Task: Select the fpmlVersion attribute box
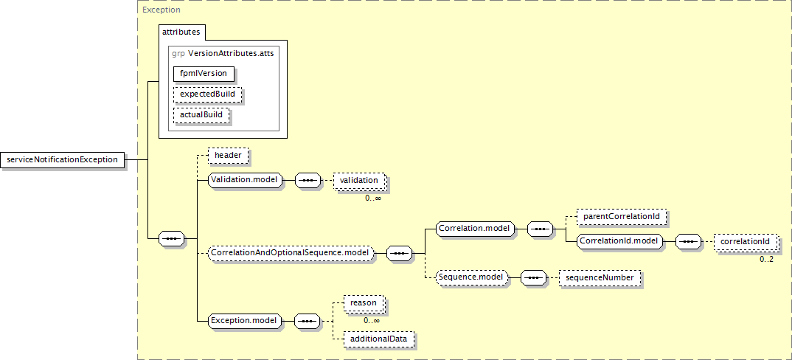204,73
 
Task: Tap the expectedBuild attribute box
207,94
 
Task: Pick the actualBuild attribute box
201,115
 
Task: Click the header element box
228,156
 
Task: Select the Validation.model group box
245,181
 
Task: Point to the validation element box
359,181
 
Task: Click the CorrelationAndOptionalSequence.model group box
291,252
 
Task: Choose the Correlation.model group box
475,229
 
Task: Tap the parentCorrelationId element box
622,216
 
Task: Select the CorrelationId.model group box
620,241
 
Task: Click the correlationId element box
745,242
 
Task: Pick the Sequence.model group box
470,277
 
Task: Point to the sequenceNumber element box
600,277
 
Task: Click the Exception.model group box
244,320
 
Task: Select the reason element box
363,303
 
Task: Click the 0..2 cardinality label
767,260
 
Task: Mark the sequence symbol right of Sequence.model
533,277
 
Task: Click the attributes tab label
181,32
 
